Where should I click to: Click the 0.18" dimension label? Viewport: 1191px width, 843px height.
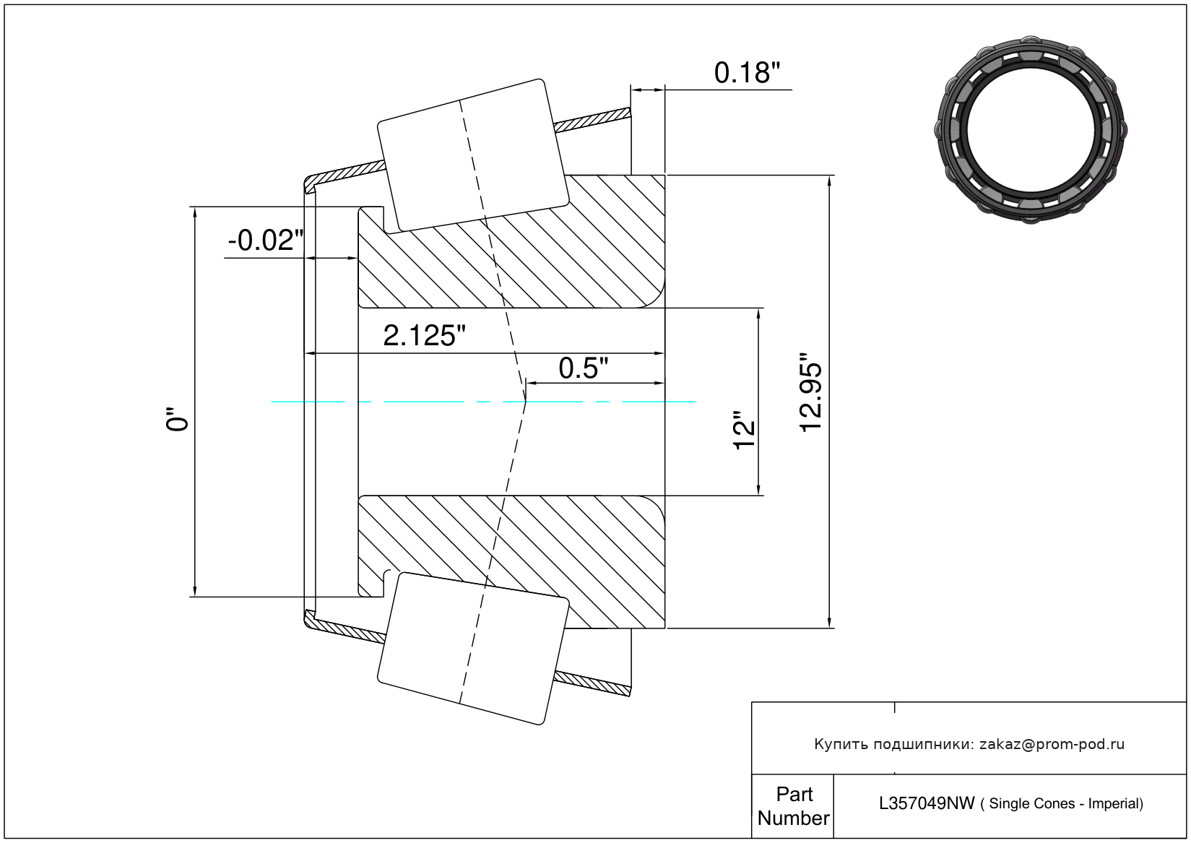747,73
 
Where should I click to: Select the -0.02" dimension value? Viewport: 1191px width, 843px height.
265,241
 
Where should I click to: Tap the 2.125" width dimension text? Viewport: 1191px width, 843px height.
424,336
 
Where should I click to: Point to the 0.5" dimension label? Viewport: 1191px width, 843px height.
583,368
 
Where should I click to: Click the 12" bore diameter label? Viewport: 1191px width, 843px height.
744,431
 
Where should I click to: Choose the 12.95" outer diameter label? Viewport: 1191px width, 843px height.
811,393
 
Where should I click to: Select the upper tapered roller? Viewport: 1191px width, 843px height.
473,155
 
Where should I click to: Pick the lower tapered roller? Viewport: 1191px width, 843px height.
473,648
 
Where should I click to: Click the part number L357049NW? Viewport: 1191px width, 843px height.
926,803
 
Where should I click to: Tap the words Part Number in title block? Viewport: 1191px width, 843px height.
793,806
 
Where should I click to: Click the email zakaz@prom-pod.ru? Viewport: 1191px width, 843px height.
1052,744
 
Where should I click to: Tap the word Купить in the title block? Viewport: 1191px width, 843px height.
841,744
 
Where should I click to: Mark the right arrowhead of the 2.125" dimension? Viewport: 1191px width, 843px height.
659,353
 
